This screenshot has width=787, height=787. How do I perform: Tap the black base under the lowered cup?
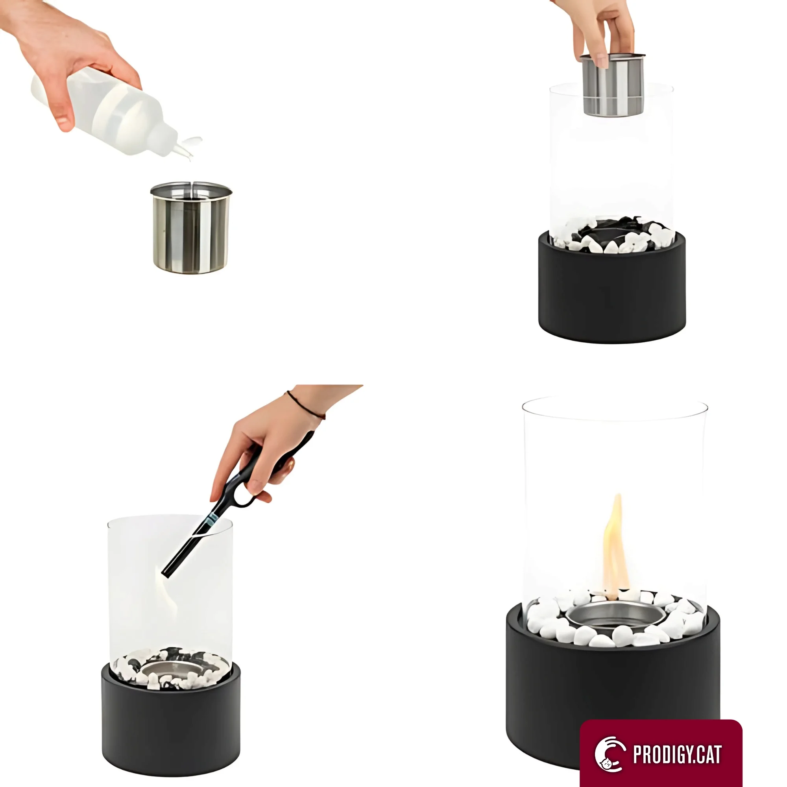pos(612,289)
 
